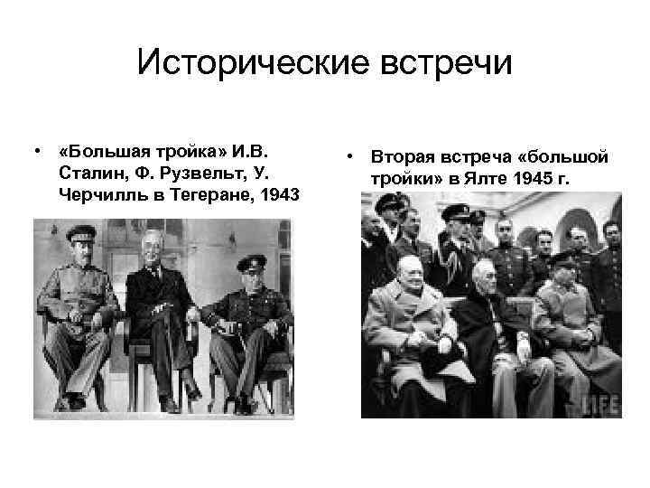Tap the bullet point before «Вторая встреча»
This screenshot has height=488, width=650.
[x=347, y=158]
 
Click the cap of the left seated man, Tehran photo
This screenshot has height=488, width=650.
[x=80, y=232]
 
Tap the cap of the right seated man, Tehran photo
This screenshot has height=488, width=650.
[x=250, y=262]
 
